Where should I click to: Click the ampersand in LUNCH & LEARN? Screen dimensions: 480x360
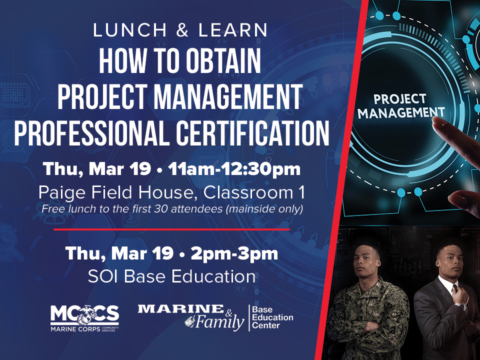click(x=182, y=30)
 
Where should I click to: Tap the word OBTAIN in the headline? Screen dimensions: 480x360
click(x=223, y=60)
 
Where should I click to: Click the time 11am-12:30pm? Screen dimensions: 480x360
click(x=234, y=169)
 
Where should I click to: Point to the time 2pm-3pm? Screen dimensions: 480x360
click(x=234, y=254)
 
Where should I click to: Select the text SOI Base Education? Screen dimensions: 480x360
click(x=171, y=276)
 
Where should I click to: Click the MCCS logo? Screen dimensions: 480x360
click(x=84, y=318)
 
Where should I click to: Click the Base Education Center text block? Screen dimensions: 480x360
click(x=272, y=317)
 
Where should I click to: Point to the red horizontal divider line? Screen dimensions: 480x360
click(x=171, y=229)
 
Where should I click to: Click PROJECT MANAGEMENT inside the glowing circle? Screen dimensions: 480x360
click(x=401, y=106)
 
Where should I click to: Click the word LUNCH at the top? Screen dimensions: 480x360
click(x=130, y=30)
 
